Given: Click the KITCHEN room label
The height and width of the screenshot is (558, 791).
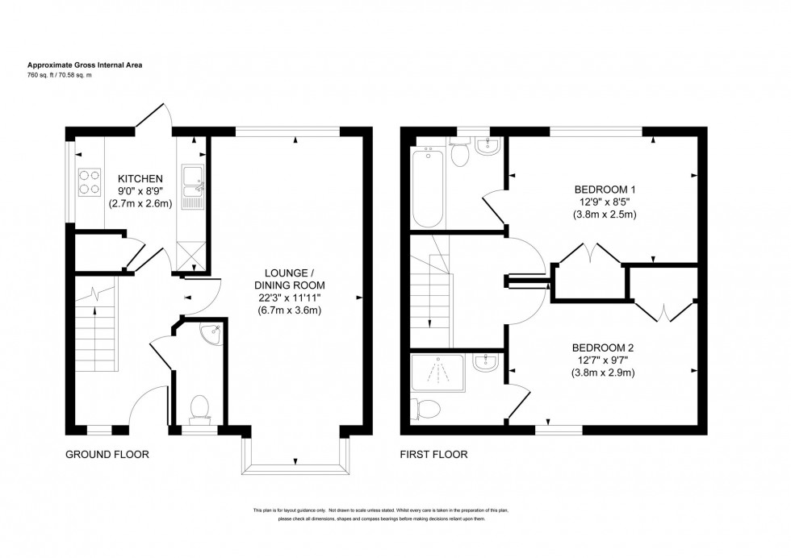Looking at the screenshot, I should point(141,178).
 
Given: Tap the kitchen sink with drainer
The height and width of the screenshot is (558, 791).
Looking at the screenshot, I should point(194,187).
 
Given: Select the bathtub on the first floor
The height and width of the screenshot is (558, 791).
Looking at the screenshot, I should point(426,188).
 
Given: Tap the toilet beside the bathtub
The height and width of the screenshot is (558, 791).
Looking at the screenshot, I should point(461,154).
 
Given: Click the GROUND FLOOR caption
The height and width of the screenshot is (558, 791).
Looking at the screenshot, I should point(107,455).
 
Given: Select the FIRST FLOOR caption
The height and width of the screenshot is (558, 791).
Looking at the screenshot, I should point(433,455).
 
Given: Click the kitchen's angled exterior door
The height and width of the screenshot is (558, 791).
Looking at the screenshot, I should point(153,116).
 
